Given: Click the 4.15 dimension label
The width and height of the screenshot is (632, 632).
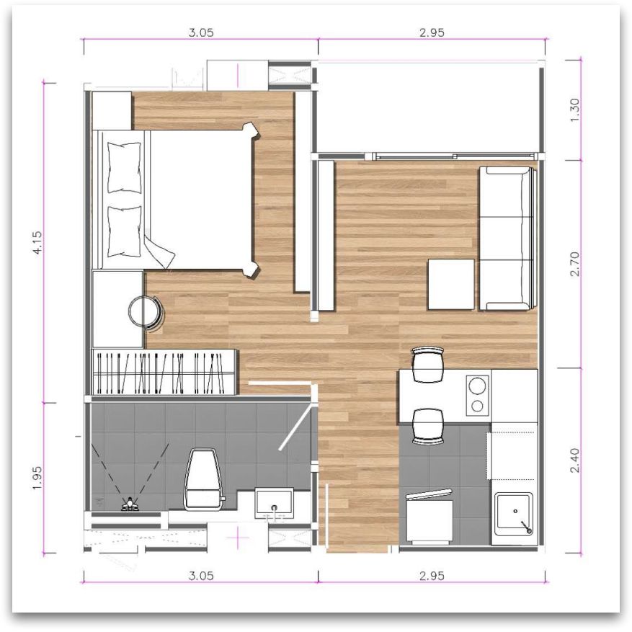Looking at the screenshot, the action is [37, 243].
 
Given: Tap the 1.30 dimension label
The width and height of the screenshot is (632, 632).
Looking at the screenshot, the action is [575, 110].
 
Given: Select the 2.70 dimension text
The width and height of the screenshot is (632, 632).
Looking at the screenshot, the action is [575, 264].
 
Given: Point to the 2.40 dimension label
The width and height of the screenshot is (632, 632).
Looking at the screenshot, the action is [575, 460].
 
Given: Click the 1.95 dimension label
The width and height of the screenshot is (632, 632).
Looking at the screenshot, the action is [37, 478].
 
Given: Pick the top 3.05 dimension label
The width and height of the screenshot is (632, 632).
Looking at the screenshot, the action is [201, 32].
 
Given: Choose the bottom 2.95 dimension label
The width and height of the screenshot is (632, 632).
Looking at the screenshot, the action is [432, 576].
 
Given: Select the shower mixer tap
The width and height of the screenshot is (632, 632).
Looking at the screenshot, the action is [130, 504].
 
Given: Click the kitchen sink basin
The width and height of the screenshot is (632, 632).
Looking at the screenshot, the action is [515, 513].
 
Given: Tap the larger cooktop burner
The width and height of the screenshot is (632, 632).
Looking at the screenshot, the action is [478, 386].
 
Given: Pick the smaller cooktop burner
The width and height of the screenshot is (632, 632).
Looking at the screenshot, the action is [477, 406].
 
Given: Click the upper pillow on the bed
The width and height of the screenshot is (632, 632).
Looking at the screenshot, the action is [125, 168].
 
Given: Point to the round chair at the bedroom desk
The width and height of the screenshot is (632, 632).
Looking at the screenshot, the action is [146, 313].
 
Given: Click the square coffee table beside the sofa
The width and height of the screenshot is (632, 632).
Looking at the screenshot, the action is [451, 284].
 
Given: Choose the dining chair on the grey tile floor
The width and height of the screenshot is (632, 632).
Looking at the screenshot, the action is [428, 427].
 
